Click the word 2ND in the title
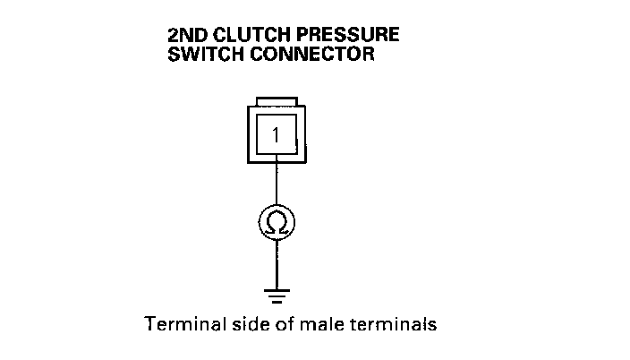(x=185, y=37)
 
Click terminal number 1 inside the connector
(x=276, y=136)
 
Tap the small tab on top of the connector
(x=276, y=101)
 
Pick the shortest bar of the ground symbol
(x=276, y=302)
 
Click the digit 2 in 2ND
(x=173, y=37)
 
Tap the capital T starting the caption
(x=149, y=324)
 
